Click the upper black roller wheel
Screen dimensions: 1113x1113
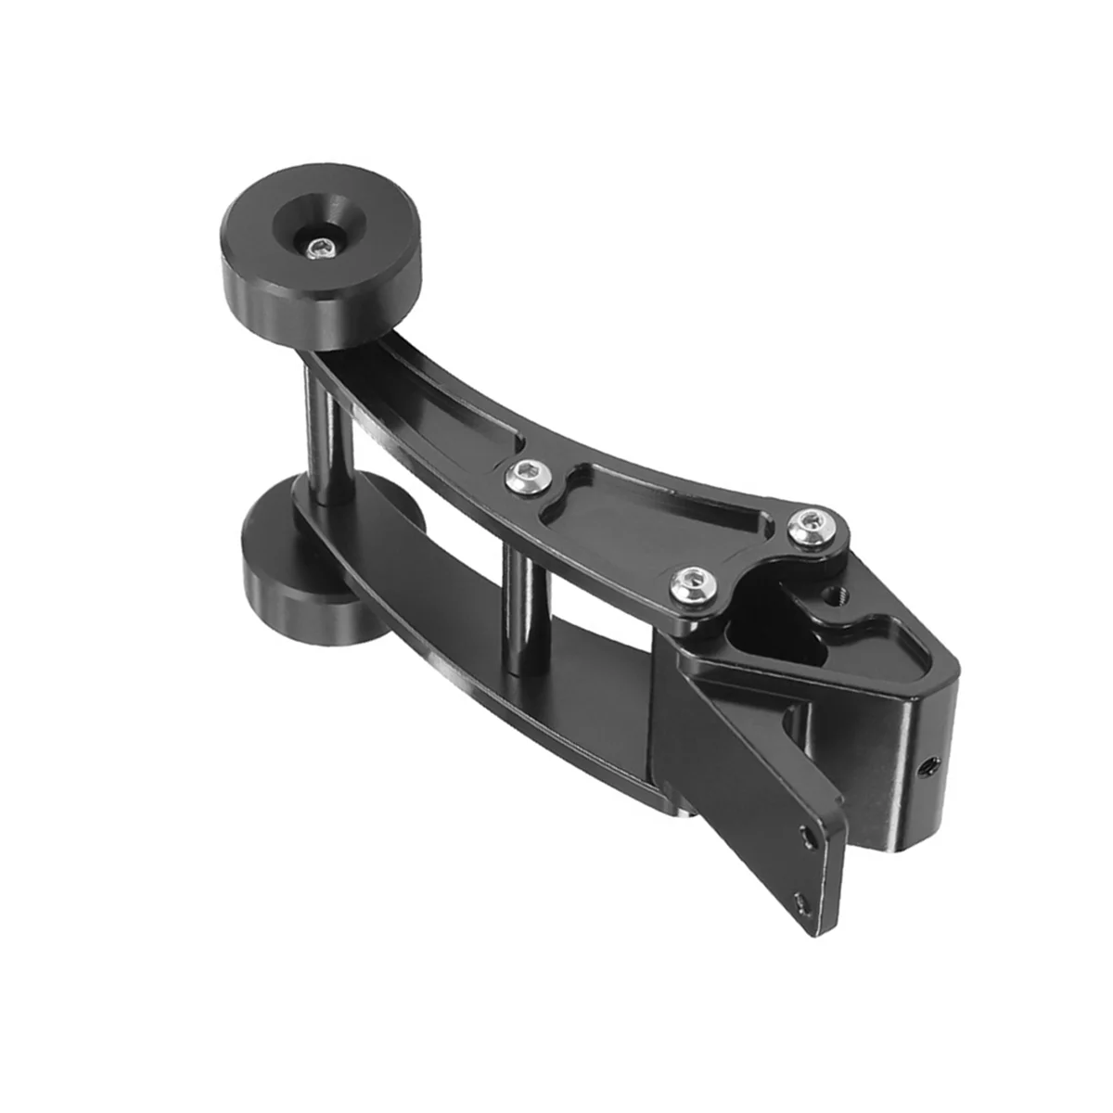320,278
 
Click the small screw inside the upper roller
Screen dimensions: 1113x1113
322,247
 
